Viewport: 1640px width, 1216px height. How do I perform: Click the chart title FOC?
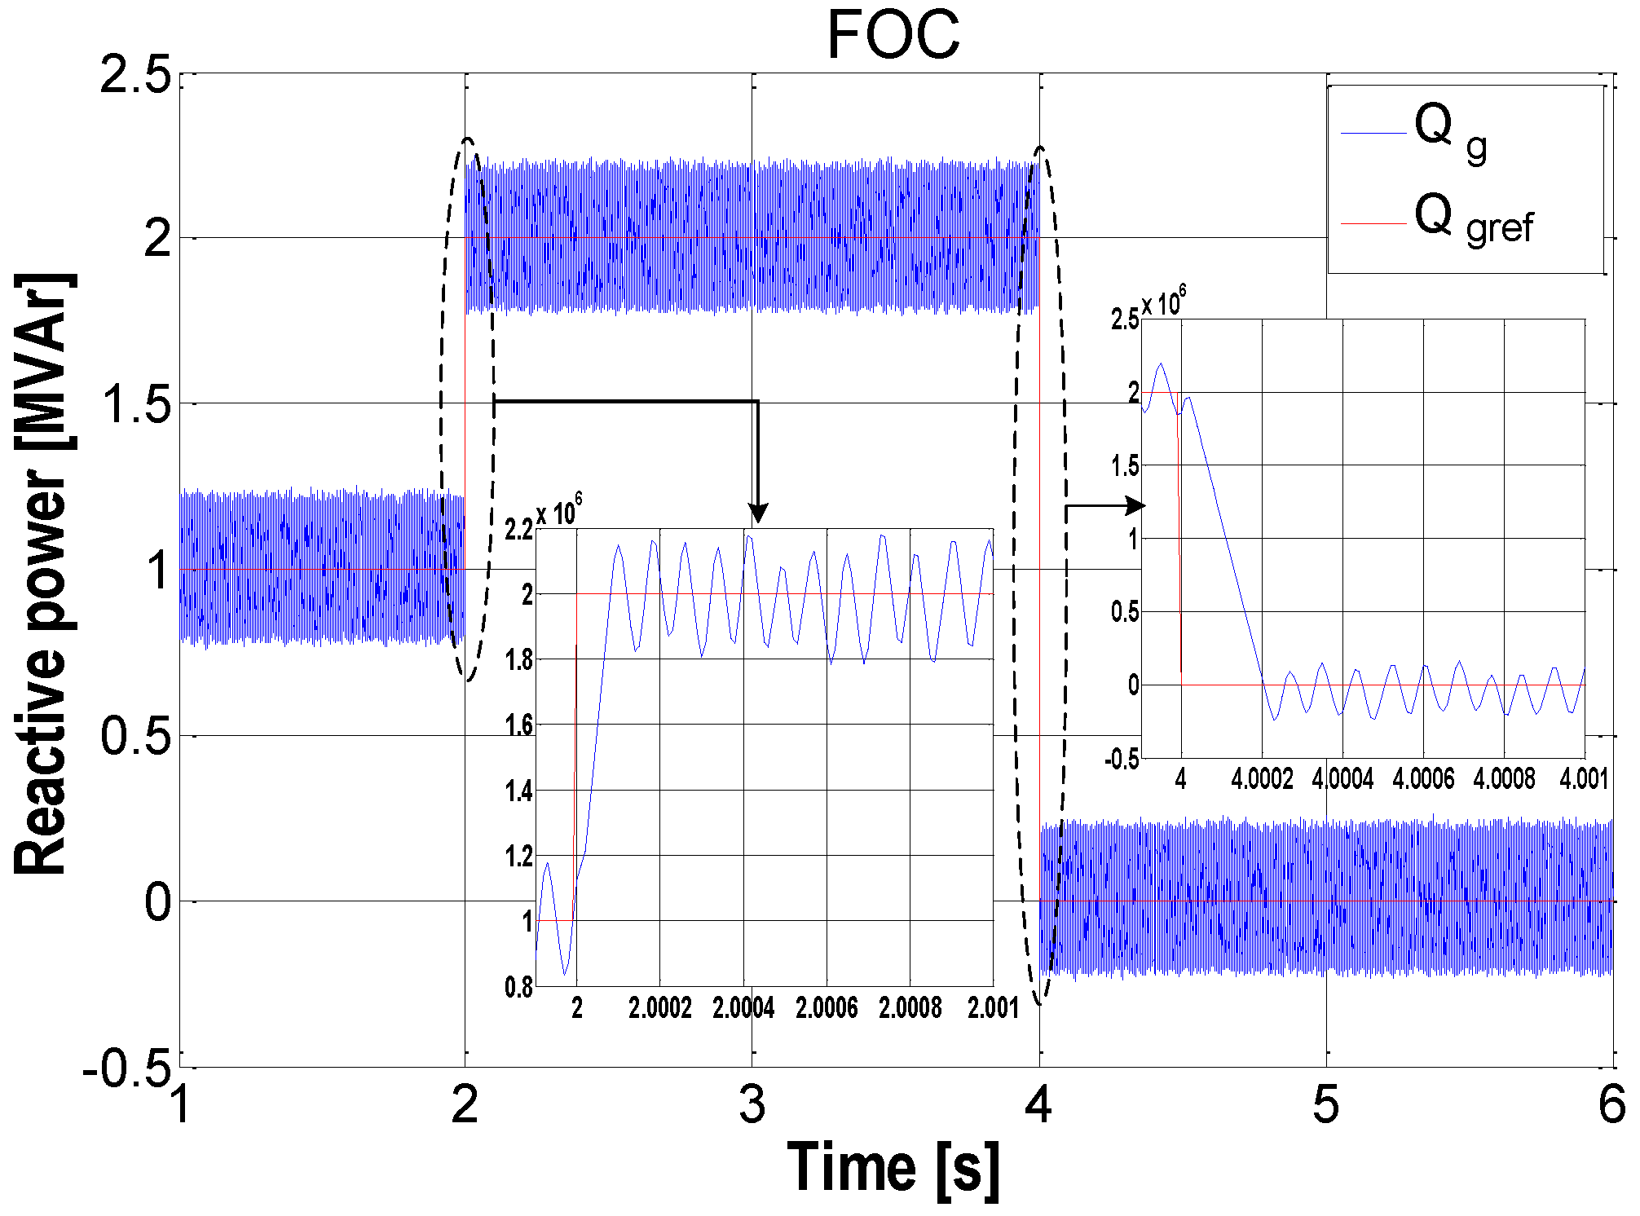[893, 36]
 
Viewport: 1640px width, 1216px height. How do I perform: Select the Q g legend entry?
[1451, 133]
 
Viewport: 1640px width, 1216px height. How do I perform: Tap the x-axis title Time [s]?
[893, 1168]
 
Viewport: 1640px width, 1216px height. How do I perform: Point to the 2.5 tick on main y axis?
[135, 75]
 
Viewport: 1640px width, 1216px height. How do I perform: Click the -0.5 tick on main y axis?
[128, 1068]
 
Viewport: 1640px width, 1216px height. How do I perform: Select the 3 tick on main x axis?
[752, 1105]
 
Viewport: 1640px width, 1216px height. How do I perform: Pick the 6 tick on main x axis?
[1611, 1105]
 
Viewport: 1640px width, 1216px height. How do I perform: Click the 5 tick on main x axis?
[1326, 1105]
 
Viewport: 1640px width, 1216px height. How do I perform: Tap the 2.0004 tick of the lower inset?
[743, 1008]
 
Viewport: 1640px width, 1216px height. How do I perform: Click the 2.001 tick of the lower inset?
[993, 1008]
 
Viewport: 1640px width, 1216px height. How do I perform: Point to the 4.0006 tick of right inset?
[1423, 778]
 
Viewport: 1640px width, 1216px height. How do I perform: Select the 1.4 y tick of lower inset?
[518, 791]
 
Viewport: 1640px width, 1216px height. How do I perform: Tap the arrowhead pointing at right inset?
[1135, 505]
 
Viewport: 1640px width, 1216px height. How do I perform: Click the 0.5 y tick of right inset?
[1125, 612]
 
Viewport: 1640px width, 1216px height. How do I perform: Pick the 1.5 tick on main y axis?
[135, 405]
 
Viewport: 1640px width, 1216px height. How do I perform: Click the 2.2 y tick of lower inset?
[518, 531]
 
